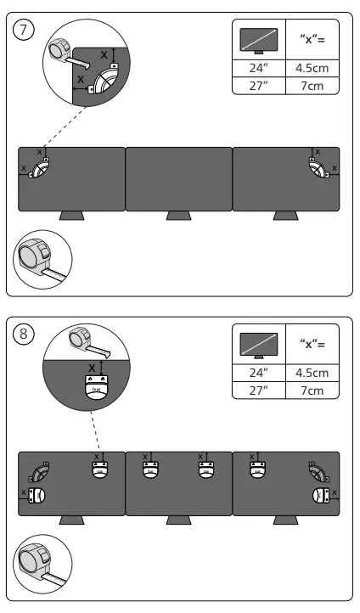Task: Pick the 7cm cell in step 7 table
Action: (x=312, y=87)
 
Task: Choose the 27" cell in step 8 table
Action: (x=258, y=391)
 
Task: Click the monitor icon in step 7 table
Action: (x=258, y=41)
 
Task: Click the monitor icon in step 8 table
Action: (x=258, y=344)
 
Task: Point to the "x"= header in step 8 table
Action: (x=312, y=344)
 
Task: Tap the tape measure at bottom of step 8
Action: (x=41, y=561)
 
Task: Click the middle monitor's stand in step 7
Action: (x=178, y=216)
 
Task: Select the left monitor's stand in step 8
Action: (x=71, y=520)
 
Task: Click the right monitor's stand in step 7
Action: (x=286, y=216)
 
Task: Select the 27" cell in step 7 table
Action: (x=258, y=87)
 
